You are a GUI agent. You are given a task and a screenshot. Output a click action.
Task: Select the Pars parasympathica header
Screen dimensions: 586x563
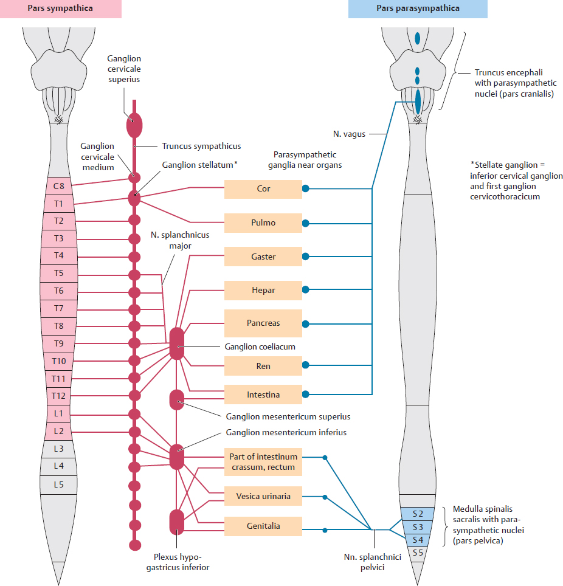[418, 9]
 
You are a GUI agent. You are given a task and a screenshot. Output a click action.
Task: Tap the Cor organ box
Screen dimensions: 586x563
[263, 188]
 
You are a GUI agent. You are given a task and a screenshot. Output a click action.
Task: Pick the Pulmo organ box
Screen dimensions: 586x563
[263, 222]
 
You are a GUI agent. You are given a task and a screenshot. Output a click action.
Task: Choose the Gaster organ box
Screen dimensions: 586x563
[263, 257]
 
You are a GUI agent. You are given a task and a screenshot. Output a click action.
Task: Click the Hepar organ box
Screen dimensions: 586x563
[263, 290]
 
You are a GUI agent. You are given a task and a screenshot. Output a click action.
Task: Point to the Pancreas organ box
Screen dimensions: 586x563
[263, 323]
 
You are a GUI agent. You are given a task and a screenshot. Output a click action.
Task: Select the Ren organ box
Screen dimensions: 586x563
[263, 366]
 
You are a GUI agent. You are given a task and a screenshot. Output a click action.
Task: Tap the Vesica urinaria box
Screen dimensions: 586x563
[263, 496]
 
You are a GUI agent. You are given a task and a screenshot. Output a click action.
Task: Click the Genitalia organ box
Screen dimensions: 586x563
[263, 526]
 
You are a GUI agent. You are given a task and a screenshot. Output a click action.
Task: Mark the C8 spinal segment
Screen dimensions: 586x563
[59, 186]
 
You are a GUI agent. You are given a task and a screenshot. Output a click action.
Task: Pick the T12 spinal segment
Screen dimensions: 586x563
[59, 396]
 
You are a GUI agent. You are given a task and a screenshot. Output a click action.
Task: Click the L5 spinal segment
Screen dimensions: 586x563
[59, 484]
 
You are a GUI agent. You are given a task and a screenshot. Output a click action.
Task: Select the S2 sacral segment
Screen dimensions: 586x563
[418, 514]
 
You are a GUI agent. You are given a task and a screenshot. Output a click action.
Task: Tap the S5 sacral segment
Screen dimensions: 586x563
[418, 553]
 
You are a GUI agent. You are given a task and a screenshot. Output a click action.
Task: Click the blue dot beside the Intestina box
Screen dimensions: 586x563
[306, 395]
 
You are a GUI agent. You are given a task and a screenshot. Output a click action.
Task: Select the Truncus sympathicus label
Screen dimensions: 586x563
[201, 146]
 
